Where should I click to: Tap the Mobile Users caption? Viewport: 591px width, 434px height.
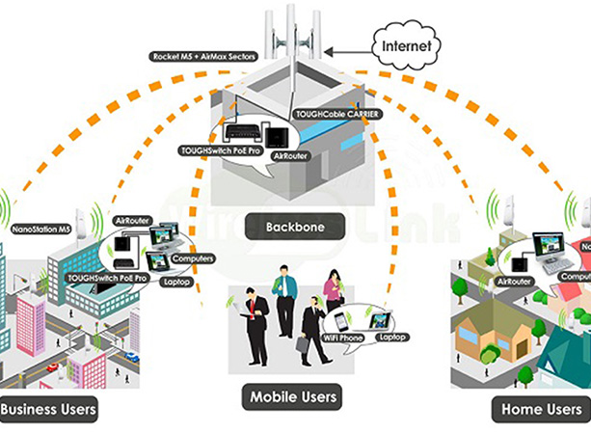294,396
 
